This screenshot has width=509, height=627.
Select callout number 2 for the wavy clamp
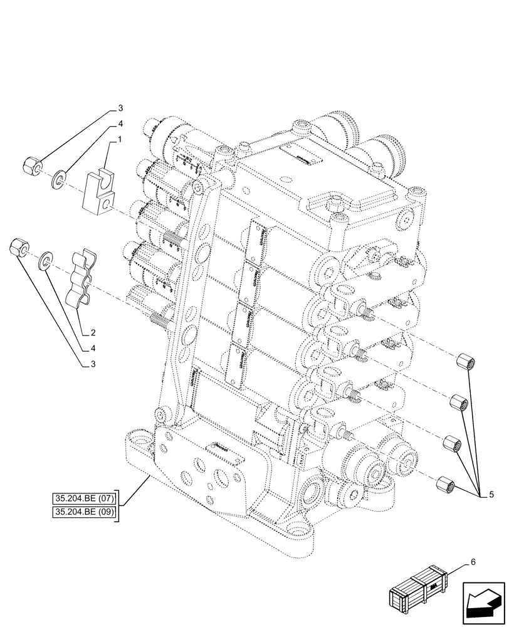pos(92,332)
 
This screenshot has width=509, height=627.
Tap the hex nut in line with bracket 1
pos(32,166)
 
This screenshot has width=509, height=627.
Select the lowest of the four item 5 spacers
pos(444,484)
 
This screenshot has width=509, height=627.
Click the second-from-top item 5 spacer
pos(458,403)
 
